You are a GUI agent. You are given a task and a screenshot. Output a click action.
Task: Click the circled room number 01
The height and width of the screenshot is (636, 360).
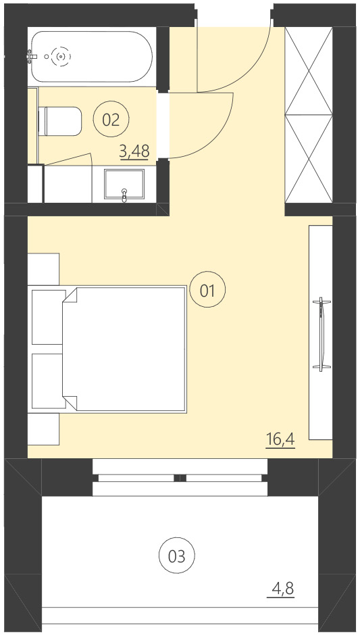point(207,291)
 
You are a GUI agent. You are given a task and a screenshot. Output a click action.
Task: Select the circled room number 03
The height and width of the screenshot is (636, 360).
point(176,556)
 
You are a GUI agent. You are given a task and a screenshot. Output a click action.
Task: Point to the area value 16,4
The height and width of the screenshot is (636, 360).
point(280,440)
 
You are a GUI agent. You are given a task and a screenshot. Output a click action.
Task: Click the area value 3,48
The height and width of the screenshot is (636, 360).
point(134,151)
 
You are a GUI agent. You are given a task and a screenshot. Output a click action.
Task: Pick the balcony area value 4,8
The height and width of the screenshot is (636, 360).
point(282,589)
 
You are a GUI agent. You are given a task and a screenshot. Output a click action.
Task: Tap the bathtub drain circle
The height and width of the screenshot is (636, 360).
point(61,57)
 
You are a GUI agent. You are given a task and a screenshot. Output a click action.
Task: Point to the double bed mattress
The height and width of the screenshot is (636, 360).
point(128,349)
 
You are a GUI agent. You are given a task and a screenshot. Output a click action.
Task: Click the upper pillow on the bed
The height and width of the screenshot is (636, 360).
point(47,317)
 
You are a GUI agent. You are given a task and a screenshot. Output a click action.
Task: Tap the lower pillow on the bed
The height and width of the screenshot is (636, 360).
point(47,381)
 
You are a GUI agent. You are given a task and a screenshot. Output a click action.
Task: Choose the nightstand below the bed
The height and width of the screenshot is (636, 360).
point(44,429)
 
